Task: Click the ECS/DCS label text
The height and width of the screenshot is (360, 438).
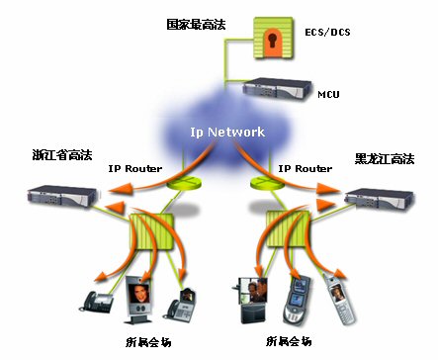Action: click(327, 32)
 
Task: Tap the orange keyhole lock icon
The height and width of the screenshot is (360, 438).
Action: click(273, 38)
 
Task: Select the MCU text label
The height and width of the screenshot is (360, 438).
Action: click(328, 94)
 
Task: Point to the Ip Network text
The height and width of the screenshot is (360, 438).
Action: click(227, 133)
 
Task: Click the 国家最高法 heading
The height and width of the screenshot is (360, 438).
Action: click(196, 25)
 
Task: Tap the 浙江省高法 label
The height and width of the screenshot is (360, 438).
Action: click(62, 155)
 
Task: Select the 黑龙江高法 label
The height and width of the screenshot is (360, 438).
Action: click(385, 159)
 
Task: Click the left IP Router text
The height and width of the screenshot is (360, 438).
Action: click(135, 169)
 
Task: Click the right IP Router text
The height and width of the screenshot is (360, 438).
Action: click(306, 169)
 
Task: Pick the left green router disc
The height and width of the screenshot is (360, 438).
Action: click(184, 182)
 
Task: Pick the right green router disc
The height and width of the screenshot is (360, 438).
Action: click(268, 182)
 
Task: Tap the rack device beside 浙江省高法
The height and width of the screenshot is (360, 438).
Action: click(62, 196)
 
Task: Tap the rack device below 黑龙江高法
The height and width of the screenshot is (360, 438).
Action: click(379, 199)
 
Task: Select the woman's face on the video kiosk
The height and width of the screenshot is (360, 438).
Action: click(138, 294)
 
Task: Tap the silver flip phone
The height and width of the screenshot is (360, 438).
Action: click(339, 300)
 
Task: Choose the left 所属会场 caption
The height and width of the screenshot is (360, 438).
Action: click(148, 342)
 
